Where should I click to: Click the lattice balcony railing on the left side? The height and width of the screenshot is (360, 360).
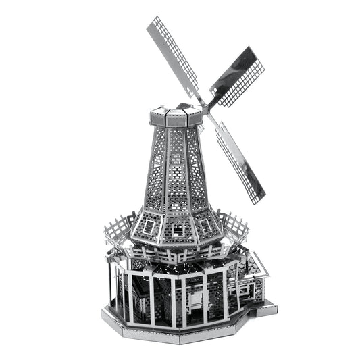tap(118, 230)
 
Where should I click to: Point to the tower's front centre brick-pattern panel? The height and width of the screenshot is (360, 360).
tap(176, 169)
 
